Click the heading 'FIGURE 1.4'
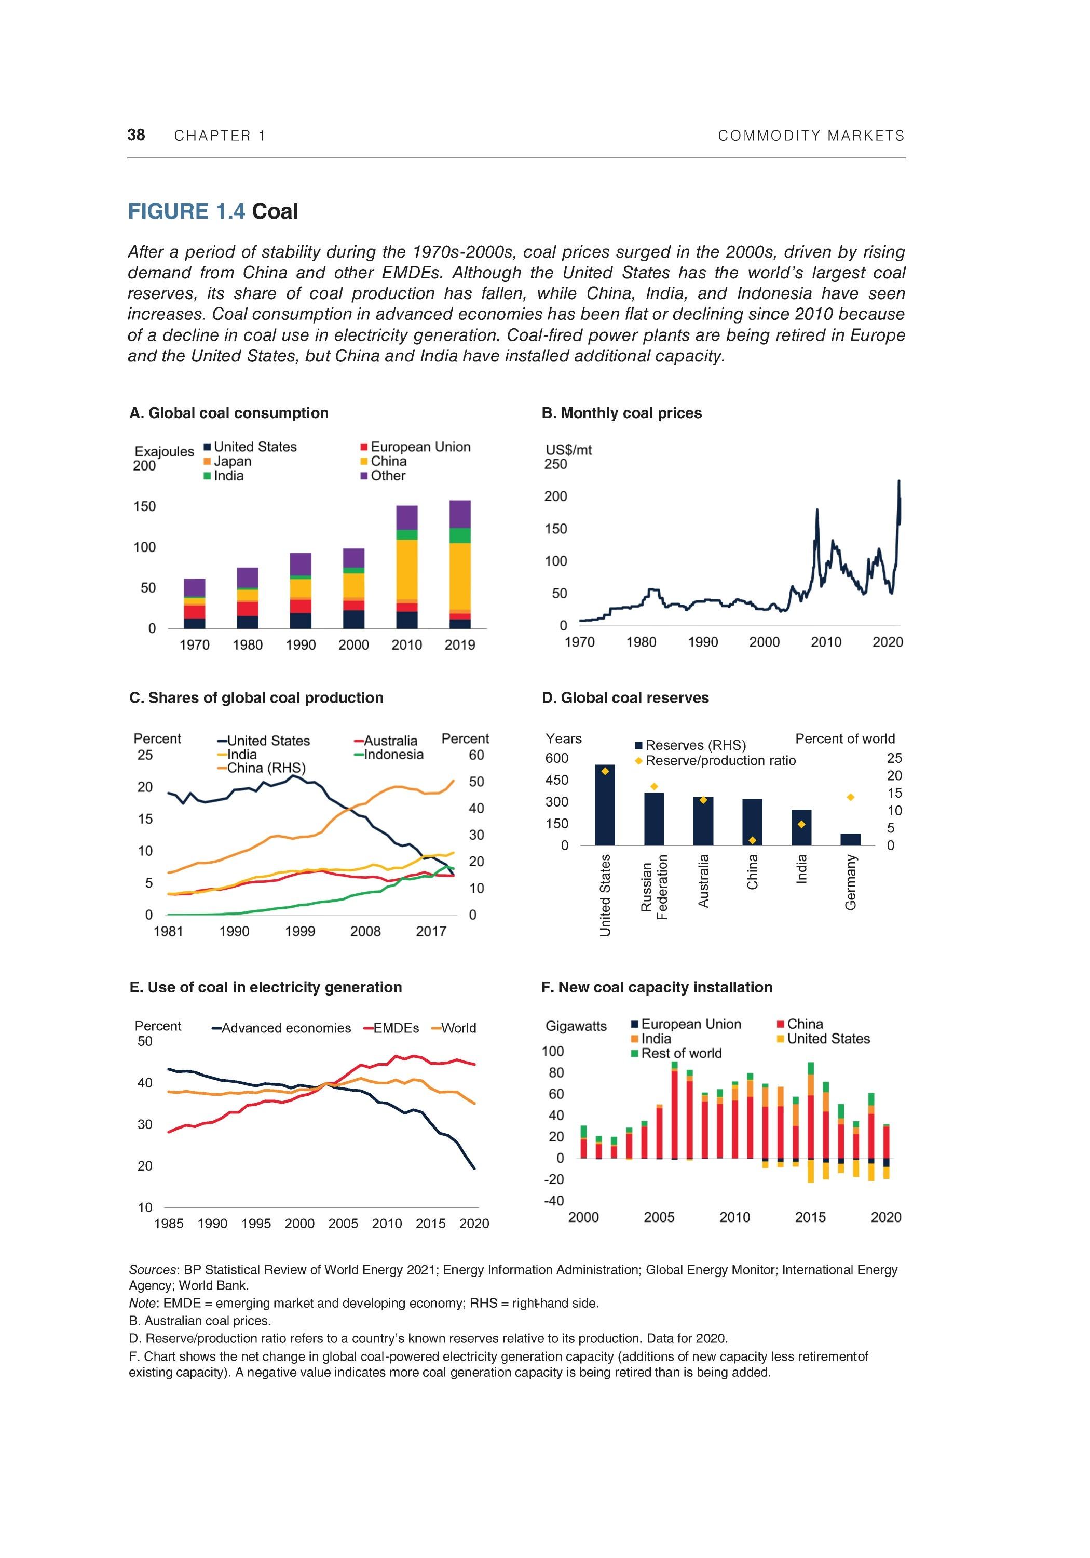coord(186,212)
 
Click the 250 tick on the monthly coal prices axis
coord(555,464)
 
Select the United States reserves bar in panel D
coord(604,805)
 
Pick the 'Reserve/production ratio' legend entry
coord(719,761)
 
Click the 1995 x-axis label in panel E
coord(256,1224)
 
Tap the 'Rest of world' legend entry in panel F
coord(681,1053)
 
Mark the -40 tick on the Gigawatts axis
coord(554,1200)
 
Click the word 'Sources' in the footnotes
coord(153,1270)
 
